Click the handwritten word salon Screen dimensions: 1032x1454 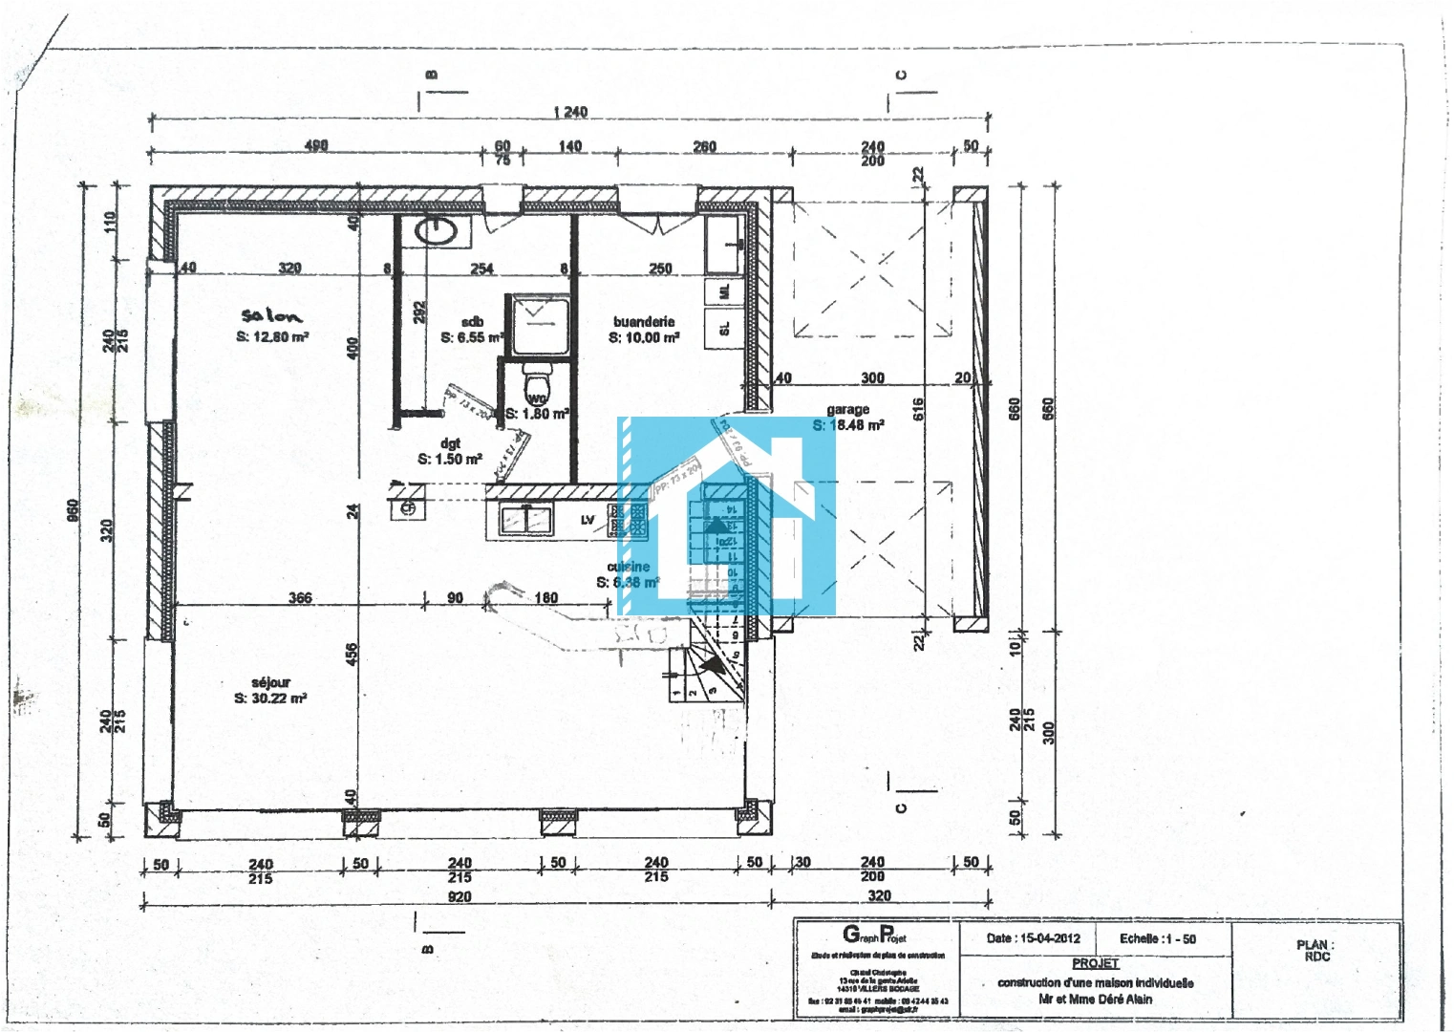[271, 316]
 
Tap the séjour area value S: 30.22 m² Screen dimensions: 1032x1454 [270, 699]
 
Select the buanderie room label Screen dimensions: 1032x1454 [644, 322]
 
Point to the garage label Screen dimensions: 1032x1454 [848, 409]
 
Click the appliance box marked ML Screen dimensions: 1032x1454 [723, 291]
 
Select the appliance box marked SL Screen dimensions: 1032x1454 [723, 329]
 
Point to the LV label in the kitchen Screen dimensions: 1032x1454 [588, 520]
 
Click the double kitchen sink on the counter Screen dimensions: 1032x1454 [525, 519]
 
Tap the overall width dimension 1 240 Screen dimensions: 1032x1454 [570, 112]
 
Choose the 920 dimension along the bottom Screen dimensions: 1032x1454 [460, 896]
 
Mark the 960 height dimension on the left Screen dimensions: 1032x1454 [74, 511]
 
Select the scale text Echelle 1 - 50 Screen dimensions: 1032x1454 [1158, 938]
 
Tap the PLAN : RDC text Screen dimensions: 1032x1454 [1315, 950]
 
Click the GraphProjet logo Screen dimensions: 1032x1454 [874, 935]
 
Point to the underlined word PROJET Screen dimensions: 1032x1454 [1095, 963]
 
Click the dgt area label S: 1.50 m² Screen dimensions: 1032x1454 [450, 460]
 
